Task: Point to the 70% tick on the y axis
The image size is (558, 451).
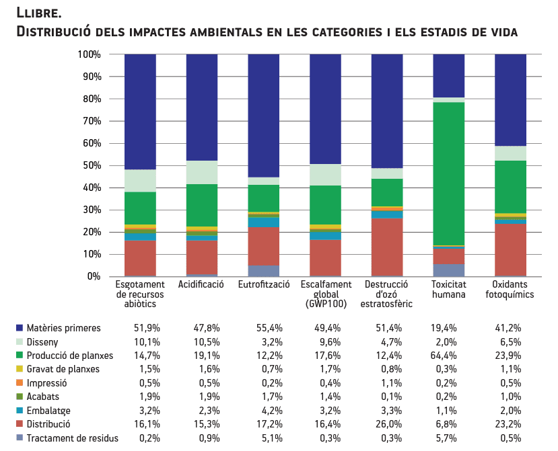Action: (90, 122)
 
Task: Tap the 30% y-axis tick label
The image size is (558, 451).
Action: (90, 210)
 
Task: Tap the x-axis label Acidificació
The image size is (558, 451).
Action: (201, 285)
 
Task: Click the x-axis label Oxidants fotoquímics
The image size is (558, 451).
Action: (510, 290)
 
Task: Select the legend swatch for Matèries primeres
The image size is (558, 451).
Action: (20, 329)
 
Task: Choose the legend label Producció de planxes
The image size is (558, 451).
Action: (70, 356)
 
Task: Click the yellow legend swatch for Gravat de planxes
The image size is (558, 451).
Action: (20, 369)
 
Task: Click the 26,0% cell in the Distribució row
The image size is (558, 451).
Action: (384, 424)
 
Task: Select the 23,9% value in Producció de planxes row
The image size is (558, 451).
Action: (507, 356)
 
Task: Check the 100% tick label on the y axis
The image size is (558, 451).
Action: (88, 54)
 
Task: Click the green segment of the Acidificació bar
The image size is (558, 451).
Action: (201, 205)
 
